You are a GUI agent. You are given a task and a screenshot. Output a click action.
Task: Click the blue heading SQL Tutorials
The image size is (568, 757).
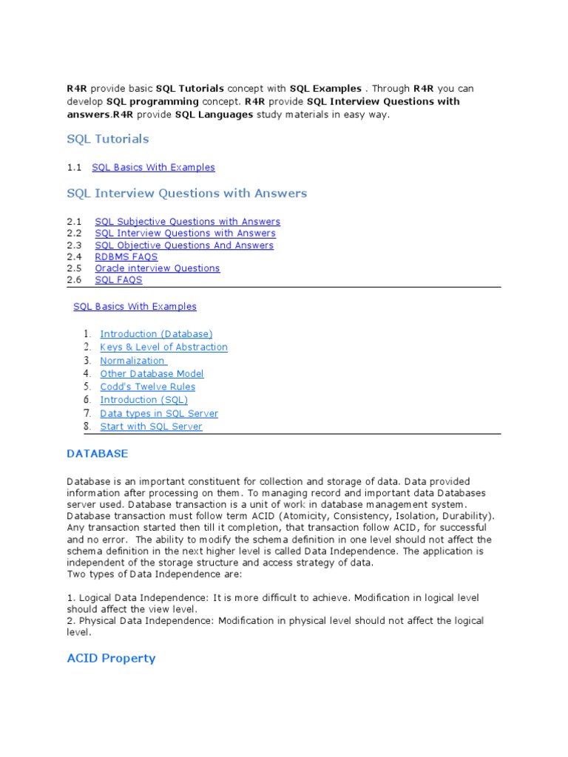click(x=107, y=139)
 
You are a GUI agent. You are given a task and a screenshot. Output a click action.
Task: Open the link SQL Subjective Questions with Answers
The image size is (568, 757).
click(x=187, y=222)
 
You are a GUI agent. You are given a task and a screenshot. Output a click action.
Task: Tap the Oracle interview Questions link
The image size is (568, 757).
click(x=157, y=268)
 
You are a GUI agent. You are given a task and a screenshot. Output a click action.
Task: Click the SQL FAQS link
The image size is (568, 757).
click(x=118, y=280)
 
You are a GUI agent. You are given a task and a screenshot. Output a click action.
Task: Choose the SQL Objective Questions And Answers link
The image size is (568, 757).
click(x=184, y=245)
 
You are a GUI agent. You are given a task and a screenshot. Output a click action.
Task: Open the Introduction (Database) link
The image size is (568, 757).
click(x=156, y=334)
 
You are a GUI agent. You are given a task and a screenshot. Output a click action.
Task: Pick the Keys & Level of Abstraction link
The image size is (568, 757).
click(x=163, y=347)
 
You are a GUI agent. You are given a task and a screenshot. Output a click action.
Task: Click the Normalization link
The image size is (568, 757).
click(x=133, y=361)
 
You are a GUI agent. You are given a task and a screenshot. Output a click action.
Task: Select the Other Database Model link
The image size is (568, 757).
click(x=152, y=374)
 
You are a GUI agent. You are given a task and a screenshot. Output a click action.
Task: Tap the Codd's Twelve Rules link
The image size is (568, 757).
click(x=148, y=387)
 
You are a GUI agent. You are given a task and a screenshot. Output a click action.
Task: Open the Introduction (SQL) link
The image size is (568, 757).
click(x=143, y=400)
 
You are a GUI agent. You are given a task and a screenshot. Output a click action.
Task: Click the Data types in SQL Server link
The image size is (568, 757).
click(x=159, y=414)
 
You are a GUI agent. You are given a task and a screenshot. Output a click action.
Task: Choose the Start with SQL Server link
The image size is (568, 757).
click(x=151, y=427)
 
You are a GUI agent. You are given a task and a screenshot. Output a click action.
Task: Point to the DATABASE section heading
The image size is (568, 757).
click(x=97, y=454)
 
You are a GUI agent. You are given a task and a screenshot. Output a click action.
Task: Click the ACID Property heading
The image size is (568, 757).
click(x=111, y=658)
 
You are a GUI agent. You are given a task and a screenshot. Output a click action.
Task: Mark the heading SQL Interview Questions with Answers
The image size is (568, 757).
click(x=186, y=194)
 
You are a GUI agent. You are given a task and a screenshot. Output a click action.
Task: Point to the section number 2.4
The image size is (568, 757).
click(x=73, y=257)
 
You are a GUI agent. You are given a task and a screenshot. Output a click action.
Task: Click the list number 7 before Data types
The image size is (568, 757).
click(x=87, y=413)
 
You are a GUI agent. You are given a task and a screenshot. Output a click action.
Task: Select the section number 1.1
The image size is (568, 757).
click(x=73, y=168)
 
